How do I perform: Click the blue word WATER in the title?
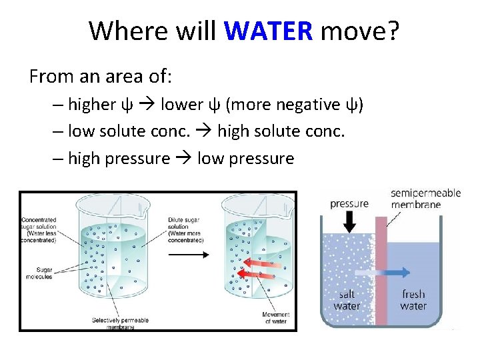268,31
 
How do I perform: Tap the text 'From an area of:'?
101,77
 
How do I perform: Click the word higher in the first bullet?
92,105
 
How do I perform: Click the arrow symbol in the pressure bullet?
184,159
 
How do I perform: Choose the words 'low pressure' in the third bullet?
245,159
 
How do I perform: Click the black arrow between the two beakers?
191,254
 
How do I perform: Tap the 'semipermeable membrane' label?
425,199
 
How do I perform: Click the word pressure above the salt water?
349,203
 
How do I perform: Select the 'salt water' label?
347,300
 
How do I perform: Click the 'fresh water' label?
413,300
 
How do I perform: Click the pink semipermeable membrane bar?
382,293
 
